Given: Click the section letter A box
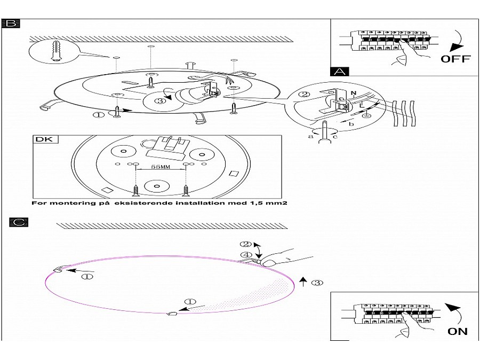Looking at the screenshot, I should point(340,71).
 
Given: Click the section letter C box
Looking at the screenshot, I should point(18,222).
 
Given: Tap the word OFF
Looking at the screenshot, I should point(455,59).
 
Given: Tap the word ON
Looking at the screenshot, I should point(457,331).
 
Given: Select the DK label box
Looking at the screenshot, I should point(45,140).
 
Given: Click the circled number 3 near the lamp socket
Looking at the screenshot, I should point(158,100).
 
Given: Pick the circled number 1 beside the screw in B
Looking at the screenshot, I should point(99,114).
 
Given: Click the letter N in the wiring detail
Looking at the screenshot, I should point(353,93).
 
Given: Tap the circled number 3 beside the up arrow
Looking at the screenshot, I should point(317,282).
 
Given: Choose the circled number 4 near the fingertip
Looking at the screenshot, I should point(246,255).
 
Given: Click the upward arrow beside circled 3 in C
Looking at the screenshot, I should point(303,281).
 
